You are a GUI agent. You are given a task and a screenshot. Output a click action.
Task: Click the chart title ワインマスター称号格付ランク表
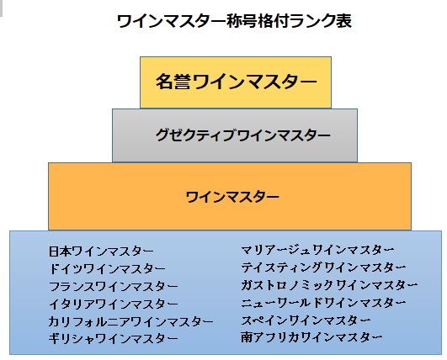coord(234,21)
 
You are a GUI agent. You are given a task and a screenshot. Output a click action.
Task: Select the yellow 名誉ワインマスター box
coord(236,82)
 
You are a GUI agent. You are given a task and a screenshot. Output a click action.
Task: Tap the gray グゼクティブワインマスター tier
coord(235,135)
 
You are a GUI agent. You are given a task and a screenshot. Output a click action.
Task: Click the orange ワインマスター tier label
coord(232,197)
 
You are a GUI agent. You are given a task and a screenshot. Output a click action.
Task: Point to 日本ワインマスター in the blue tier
coord(101,251)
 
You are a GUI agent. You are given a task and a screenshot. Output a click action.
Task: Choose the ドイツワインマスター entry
coord(107,269)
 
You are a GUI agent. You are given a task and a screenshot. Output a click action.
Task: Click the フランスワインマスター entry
coord(113,287)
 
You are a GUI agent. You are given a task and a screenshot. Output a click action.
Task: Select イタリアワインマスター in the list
coord(113,304)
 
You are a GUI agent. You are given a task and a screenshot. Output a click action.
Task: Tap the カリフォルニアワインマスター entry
coord(130,321)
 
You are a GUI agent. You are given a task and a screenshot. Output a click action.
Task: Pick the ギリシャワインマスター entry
coord(113,339)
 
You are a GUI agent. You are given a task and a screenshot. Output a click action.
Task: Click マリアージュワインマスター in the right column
coord(317,250)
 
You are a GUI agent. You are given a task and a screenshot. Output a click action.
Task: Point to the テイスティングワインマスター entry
coord(323,267)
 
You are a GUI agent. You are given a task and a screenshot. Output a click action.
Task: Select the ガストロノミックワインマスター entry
coord(329,285)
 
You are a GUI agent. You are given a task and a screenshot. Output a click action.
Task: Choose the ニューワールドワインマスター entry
coord(323,303)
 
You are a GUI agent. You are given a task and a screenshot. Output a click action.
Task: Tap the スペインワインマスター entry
coord(306,320)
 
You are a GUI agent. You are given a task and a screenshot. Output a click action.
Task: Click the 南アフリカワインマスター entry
coord(311,337)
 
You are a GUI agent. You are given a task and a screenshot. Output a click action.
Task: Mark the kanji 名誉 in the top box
coord(173,82)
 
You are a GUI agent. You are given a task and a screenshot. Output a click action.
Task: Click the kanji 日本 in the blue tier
coord(60,251)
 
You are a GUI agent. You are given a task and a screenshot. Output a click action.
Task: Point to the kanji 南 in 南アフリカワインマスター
coord(247,337)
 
